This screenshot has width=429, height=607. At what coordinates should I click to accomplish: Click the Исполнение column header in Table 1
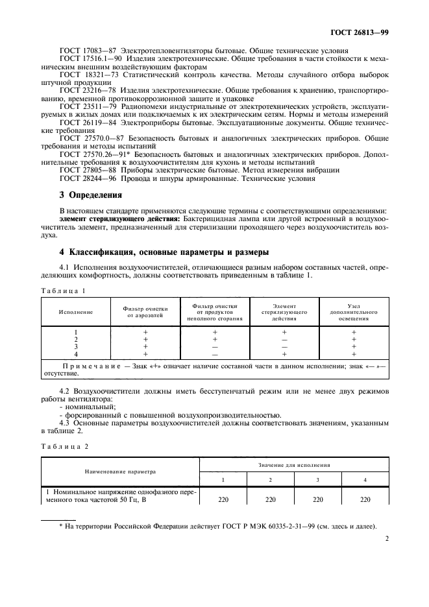pos(75,312)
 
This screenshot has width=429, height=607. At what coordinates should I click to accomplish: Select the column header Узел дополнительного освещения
pos(354,312)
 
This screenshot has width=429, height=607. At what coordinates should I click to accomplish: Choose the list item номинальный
pos(84,407)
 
